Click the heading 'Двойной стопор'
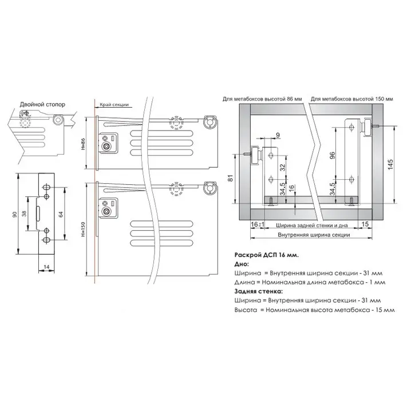(x=42, y=105)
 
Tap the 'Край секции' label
(x=114, y=105)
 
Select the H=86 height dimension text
(x=83, y=144)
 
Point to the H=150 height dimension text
(x=83, y=229)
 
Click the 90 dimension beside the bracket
(x=15, y=215)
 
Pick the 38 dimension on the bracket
(x=24, y=214)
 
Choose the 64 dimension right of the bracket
(x=61, y=215)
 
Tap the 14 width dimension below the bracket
(x=46, y=267)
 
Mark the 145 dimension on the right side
(x=390, y=164)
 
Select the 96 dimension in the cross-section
(x=332, y=155)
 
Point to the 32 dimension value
(x=282, y=167)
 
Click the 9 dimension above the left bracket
(x=278, y=135)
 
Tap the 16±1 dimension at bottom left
(x=258, y=224)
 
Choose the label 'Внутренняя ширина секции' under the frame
(x=314, y=235)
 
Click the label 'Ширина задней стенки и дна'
(x=311, y=226)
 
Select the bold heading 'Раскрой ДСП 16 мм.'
(x=267, y=255)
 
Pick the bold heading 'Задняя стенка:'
(x=258, y=291)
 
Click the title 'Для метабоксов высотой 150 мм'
(x=351, y=99)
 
